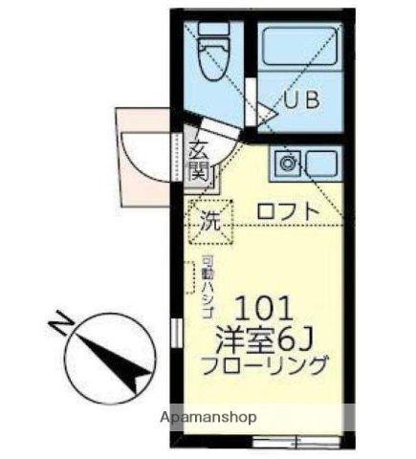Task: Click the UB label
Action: tap(298, 98)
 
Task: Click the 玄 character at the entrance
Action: tap(199, 150)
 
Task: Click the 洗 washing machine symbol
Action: tap(210, 220)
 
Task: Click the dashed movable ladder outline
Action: tap(190, 277)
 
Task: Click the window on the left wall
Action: tap(174, 332)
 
